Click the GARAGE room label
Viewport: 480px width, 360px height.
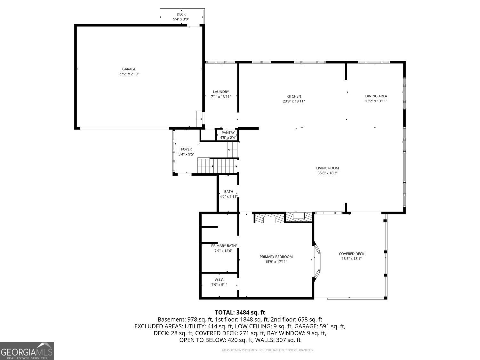tap(129, 69)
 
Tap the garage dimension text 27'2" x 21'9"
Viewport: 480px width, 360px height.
tap(129, 74)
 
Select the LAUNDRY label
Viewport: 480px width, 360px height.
tap(221, 92)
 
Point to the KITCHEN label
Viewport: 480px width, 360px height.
tap(294, 96)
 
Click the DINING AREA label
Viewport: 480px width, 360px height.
tap(376, 96)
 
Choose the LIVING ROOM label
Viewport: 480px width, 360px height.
tap(327, 168)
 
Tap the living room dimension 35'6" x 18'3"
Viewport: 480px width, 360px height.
tap(327, 173)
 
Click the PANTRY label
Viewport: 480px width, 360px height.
tap(228, 133)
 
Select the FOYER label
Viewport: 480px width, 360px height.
tap(186, 149)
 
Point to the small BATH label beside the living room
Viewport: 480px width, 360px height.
tap(228, 192)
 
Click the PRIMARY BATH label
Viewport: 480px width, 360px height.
tap(223, 246)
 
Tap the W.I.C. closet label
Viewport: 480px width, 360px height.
tap(219, 280)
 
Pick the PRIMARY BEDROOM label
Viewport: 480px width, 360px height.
tap(276, 257)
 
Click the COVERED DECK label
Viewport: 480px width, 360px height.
tap(351, 254)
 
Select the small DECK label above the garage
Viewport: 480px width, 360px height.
tap(181, 14)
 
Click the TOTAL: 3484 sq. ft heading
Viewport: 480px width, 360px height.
tap(240, 313)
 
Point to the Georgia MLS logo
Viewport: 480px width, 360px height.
tap(27, 351)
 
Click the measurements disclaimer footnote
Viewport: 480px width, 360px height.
tap(268, 350)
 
